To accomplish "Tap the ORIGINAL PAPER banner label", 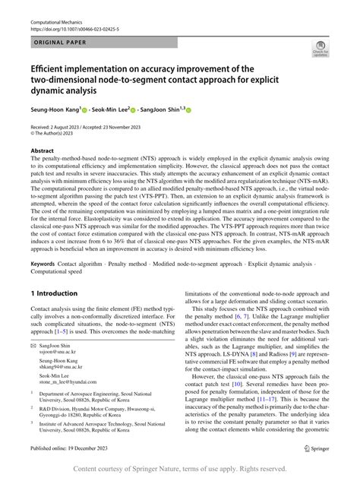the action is (x=60, y=45).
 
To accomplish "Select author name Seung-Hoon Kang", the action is (x=55, y=109).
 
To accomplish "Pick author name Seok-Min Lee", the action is (x=108, y=109).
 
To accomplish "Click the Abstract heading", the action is (x=42, y=151).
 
